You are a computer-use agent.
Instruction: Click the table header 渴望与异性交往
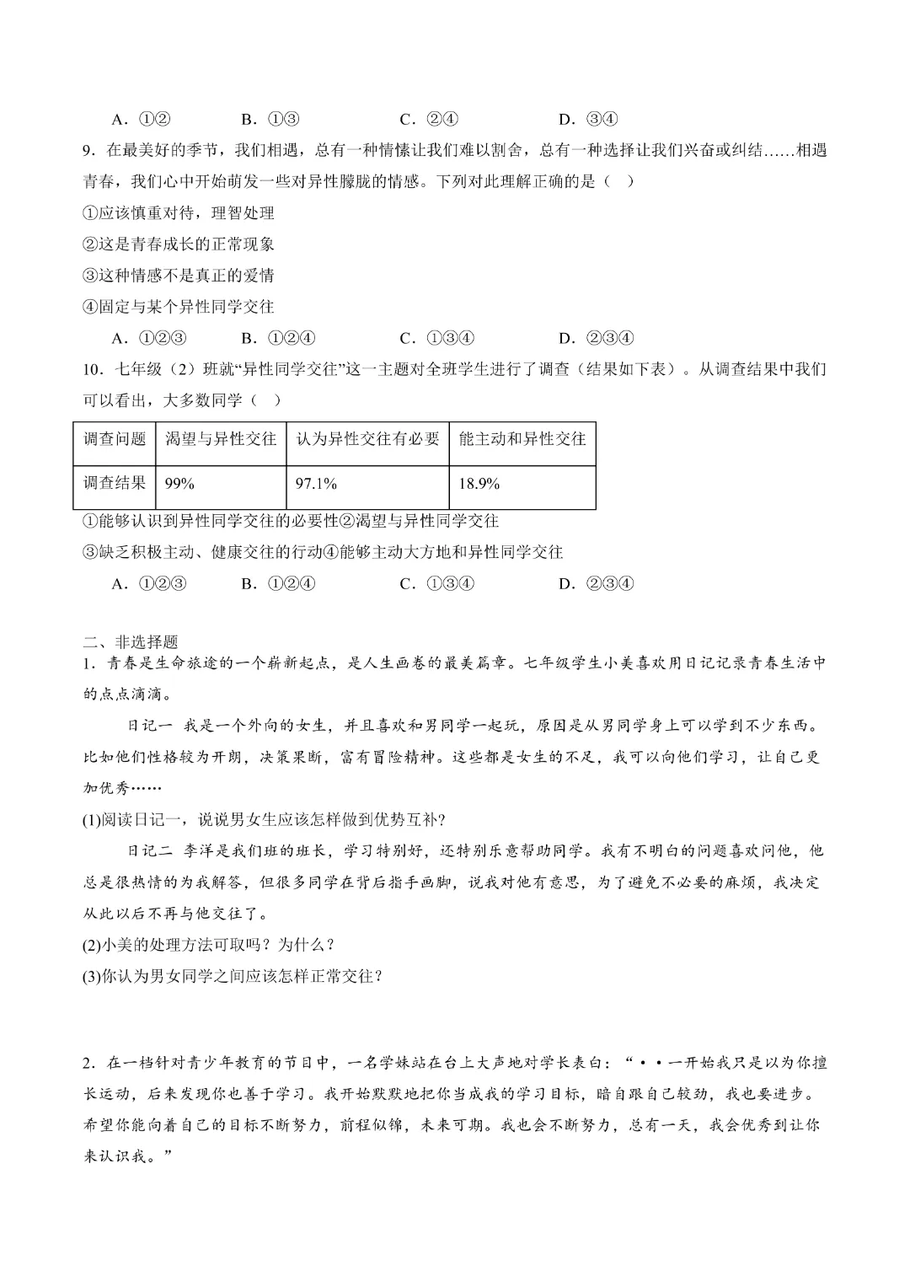[221, 439]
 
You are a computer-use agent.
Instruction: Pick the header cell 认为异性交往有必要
[367, 439]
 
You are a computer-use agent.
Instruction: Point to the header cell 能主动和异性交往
[522, 439]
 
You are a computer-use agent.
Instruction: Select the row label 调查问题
[115, 439]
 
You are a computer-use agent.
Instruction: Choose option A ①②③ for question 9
[149, 338]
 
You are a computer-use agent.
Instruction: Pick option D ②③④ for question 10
[596, 583]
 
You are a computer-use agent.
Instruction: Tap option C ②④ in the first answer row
[429, 119]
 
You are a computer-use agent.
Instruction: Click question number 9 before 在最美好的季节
[88, 151]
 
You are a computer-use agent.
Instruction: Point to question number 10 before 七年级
[91, 369]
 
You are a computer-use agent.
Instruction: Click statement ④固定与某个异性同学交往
[179, 307]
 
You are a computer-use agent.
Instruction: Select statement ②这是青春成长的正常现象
[179, 244]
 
